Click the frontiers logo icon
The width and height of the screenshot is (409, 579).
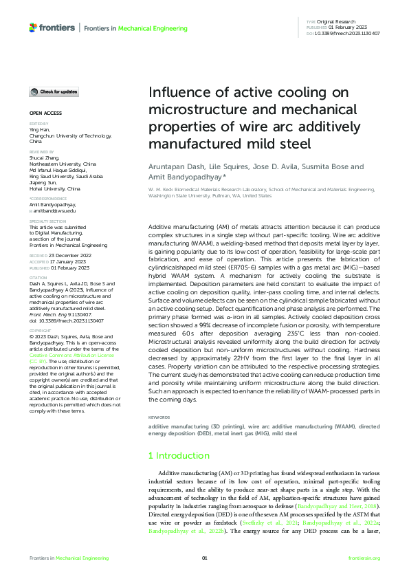(x=34, y=28)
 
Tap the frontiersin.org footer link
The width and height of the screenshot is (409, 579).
(x=364, y=558)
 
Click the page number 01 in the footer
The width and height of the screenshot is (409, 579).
(x=204, y=558)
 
